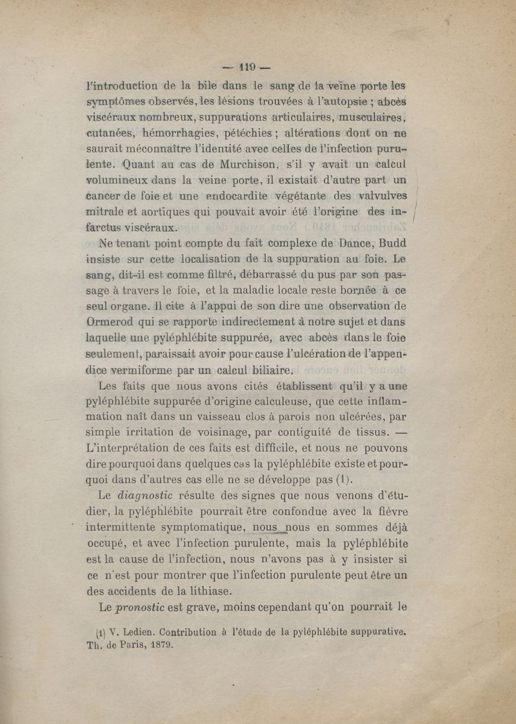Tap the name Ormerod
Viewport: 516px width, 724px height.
click(114, 320)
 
